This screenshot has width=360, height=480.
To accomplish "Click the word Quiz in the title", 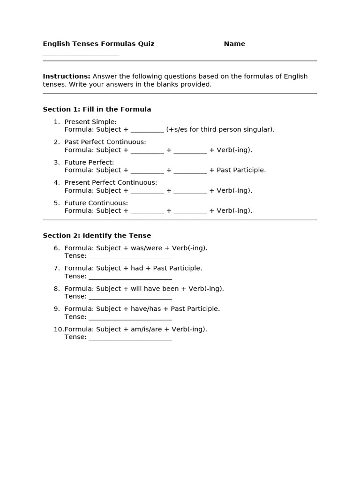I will click(146, 44).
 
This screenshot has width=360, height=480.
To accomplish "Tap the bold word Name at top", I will click(234, 44).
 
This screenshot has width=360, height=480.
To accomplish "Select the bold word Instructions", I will click(67, 76).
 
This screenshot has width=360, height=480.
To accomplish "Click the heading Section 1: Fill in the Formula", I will click(97, 109).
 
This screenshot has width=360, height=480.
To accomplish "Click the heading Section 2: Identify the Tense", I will click(97, 235).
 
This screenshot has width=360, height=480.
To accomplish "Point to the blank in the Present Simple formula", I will click(147, 130).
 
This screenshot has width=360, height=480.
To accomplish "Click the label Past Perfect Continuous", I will click(105, 142).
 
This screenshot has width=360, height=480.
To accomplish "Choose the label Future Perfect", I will click(89, 162).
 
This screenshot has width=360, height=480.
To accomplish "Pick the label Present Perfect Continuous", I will click(111, 182).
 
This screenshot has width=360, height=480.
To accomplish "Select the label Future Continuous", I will click(96, 203).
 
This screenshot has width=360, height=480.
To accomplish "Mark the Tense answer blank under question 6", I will click(130, 256).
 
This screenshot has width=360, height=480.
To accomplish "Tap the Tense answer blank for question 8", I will click(130, 297).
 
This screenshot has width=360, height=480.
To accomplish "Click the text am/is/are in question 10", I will click(146, 329).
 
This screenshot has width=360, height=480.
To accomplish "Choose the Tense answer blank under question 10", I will click(130, 337).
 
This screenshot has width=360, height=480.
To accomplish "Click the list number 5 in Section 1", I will click(56, 203).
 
